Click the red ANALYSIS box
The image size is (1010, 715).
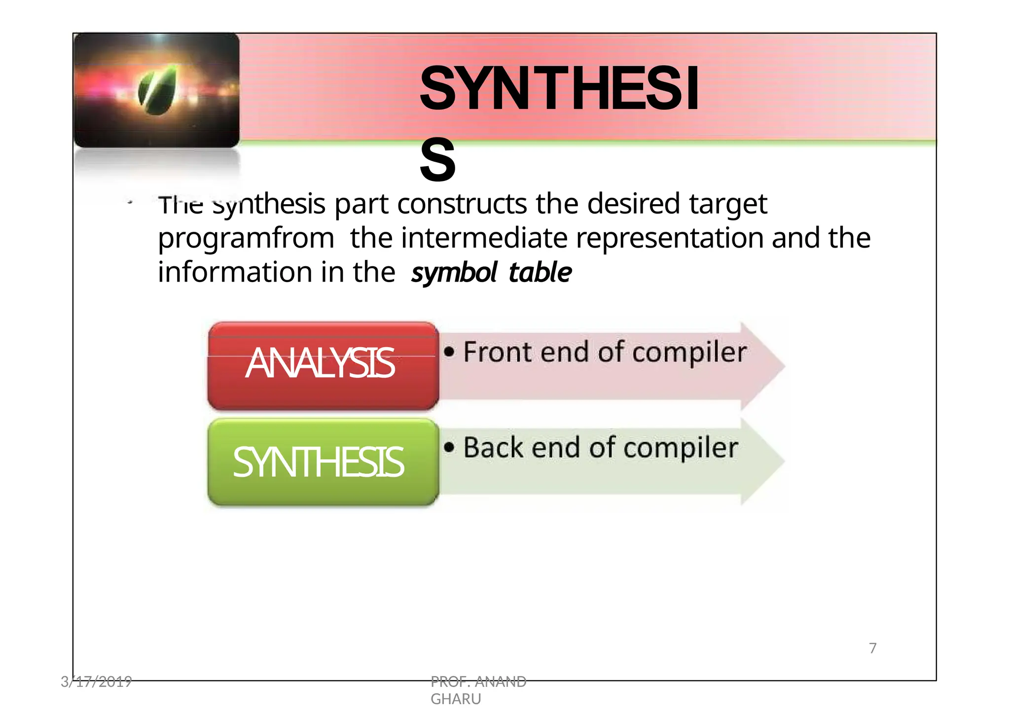coord(323,366)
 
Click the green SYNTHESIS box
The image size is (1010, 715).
coord(323,463)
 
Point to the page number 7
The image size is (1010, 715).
coord(872,648)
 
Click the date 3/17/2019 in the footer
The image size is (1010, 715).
coord(96,682)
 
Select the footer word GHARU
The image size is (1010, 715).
coord(456,699)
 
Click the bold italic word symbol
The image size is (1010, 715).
coord(454,273)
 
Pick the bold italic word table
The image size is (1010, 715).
coord(540,273)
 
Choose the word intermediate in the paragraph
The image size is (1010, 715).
coord(484,238)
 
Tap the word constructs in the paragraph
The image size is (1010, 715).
coord(462,204)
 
